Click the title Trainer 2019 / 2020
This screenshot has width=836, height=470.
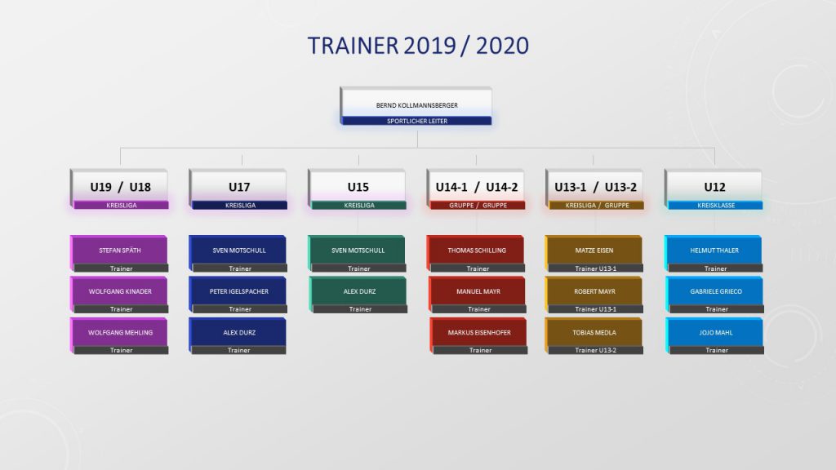tap(418, 46)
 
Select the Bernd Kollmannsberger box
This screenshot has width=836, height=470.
tap(416, 106)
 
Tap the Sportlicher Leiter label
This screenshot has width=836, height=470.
tap(417, 121)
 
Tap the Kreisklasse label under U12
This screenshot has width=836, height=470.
tap(716, 205)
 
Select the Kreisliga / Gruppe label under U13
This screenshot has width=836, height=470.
tap(597, 205)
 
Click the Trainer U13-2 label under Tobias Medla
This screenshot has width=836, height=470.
tap(595, 350)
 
